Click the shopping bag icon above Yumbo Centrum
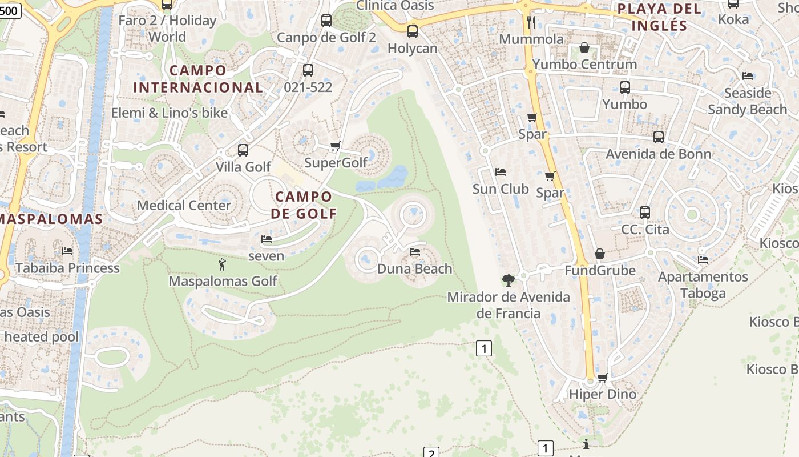point(584,47)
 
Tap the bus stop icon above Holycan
point(412,31)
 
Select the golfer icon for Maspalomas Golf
point(223,264)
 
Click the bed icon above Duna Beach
point(415,252)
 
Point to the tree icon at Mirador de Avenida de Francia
point(507,280)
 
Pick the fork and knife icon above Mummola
point(531,22)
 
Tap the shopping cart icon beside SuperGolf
point(336,146)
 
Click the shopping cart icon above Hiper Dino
point(602,378)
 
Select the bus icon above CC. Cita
point(645,213)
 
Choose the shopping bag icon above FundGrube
point(600,254)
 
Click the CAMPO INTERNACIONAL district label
point(198,79)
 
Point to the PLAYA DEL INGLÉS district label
point(660,17)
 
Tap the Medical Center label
point(184,205)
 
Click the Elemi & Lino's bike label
point(170,113)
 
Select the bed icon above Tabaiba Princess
point(67,251)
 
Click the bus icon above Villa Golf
point(243,150)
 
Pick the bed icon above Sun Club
point(501,172)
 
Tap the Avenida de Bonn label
point(659,154)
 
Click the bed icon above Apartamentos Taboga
point(703,260)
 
